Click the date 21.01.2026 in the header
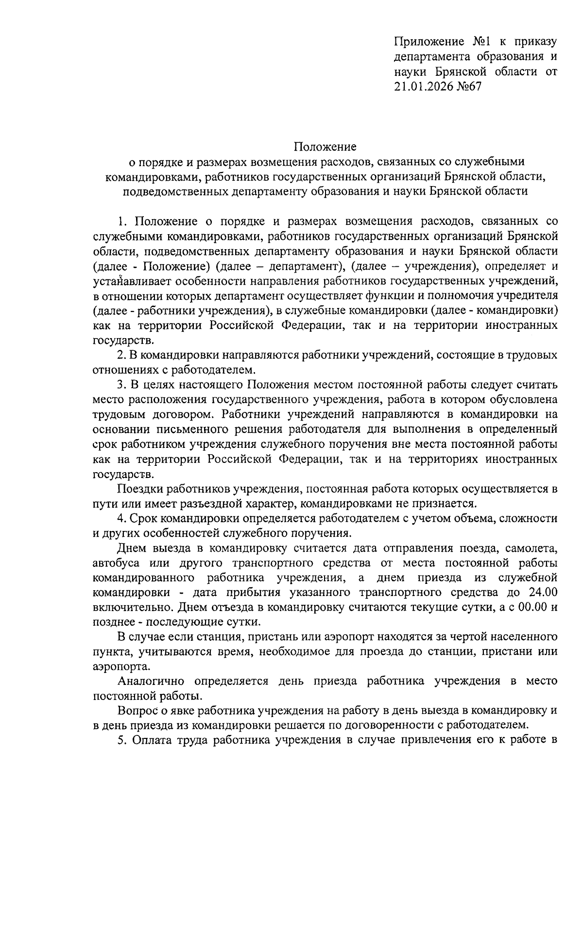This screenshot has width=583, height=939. click(425, 86)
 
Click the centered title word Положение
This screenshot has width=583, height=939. click(325, 146)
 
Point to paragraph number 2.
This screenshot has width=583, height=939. click(122, 355)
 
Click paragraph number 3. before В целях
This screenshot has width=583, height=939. click(122, 385)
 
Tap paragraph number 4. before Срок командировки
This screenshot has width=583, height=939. click(122, 518)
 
